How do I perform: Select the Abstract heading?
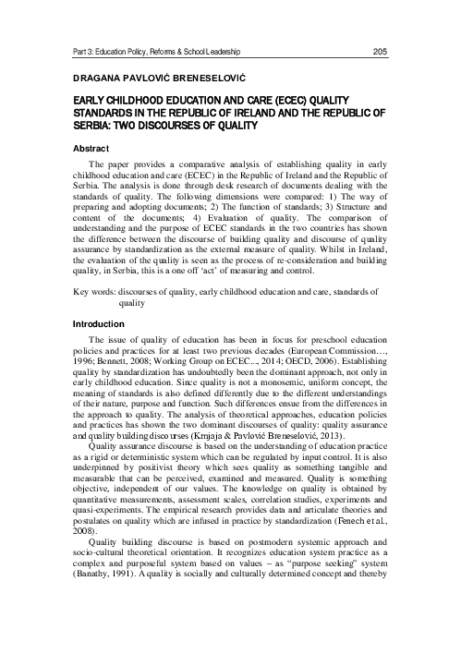tap(91, 148)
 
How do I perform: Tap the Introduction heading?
tap(97, 324)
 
